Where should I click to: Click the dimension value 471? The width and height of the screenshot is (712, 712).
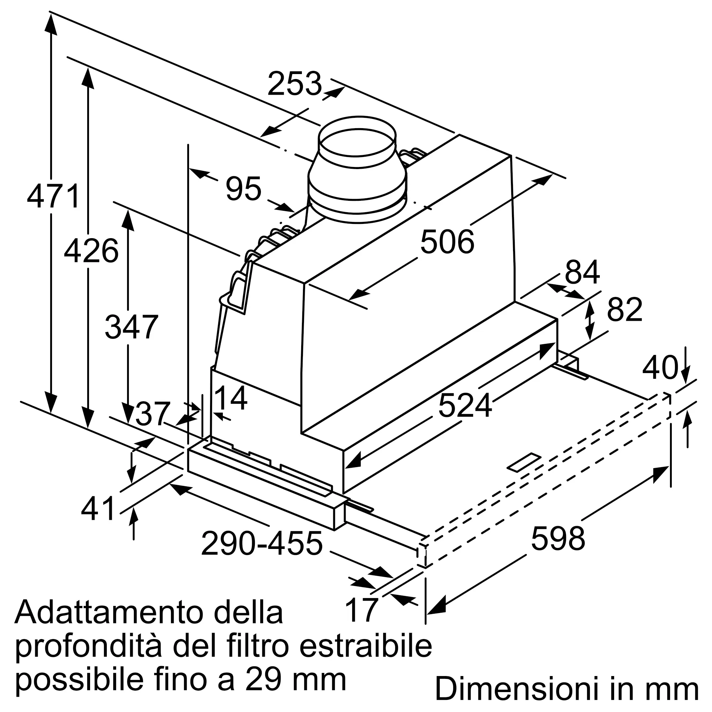point(53,197)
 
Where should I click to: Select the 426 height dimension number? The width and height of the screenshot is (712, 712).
point(91,251)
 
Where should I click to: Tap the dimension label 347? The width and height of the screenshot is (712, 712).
point(132,326)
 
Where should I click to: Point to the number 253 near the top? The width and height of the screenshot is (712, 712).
point(294,84)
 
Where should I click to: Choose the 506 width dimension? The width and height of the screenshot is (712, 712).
point(447,242)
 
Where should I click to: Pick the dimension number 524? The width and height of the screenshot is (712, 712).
point(465,405)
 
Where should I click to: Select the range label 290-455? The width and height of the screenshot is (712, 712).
point(262,544)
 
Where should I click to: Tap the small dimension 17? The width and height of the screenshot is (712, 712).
point(362,610)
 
